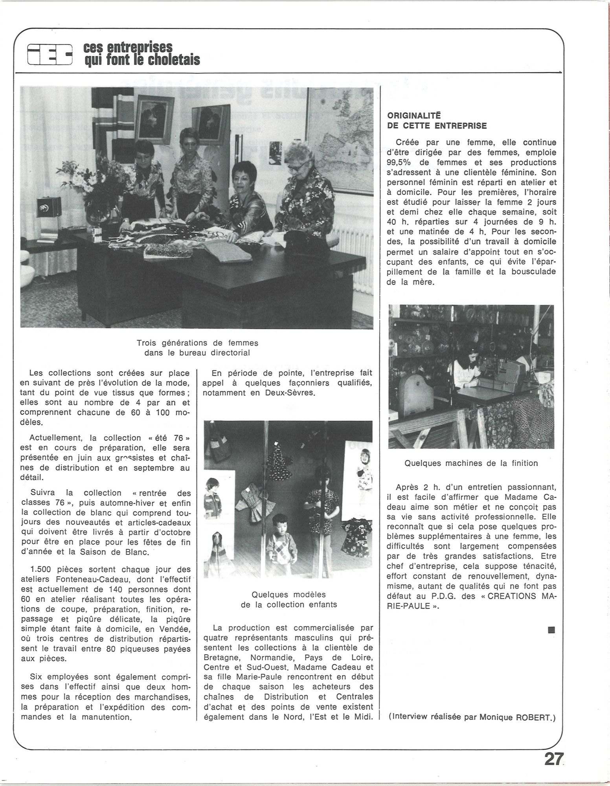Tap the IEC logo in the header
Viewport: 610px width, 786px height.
[x=50, y=55]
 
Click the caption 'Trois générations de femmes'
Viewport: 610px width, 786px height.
[x=197, y=343]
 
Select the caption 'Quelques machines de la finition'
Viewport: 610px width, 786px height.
[x=471, y=463]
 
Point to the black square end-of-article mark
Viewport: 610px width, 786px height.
[x=551, y=630]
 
